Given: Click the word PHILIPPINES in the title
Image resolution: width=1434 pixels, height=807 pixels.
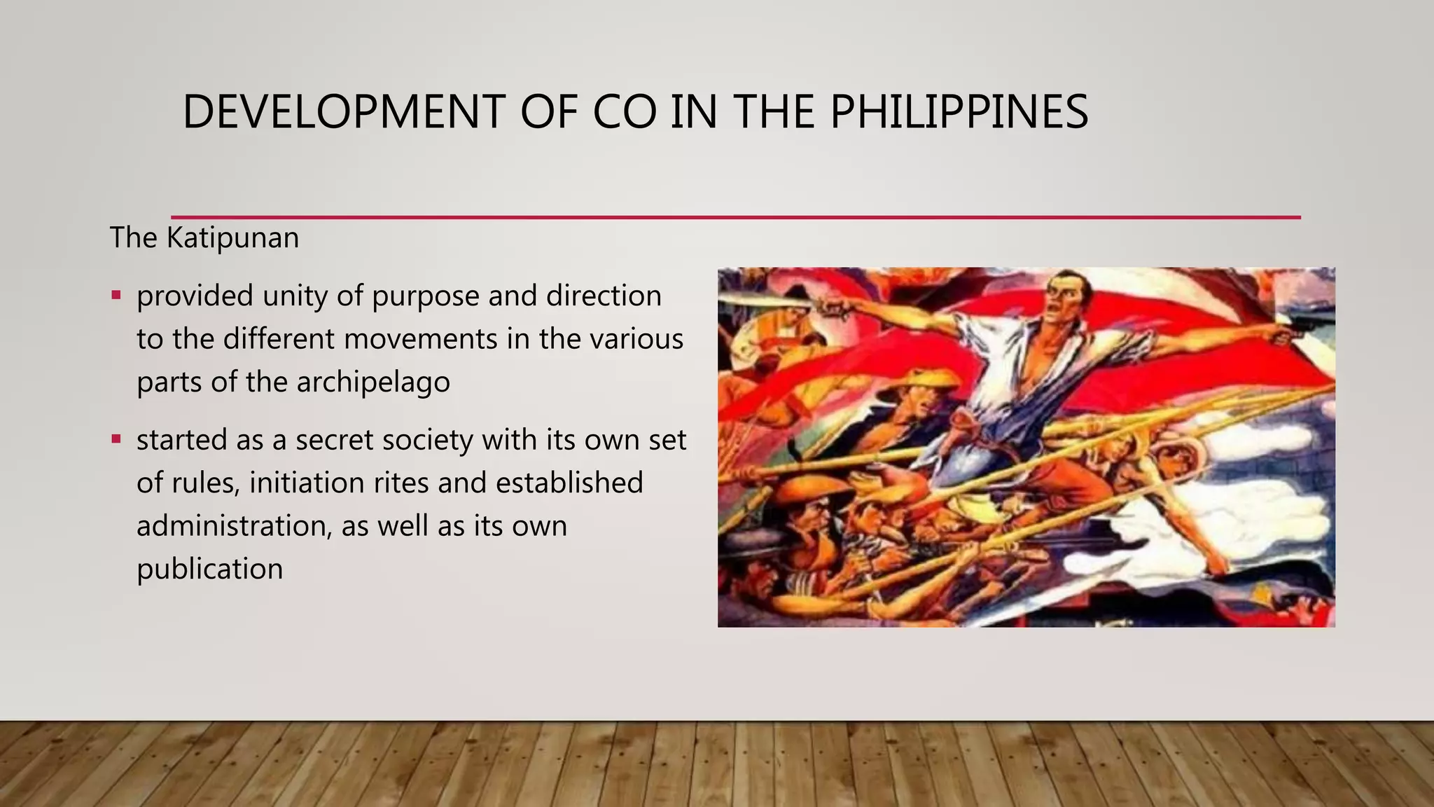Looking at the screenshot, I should (x=959, y=112).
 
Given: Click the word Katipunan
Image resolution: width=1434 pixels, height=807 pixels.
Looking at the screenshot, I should (x=232, y=238).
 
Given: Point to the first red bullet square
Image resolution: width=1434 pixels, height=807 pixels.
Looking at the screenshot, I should (x=116, y=295).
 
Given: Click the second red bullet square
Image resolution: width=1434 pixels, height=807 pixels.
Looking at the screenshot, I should (x=116, y=439).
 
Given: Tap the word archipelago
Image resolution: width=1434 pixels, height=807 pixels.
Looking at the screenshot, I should (x=373, y=382).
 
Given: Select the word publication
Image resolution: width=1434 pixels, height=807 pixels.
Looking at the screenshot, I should (x=210, y=569).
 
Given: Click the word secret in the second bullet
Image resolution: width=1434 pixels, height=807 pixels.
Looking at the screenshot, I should (x=336, y=440).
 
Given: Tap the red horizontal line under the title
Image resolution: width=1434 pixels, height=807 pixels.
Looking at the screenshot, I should (x=735, y=217).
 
